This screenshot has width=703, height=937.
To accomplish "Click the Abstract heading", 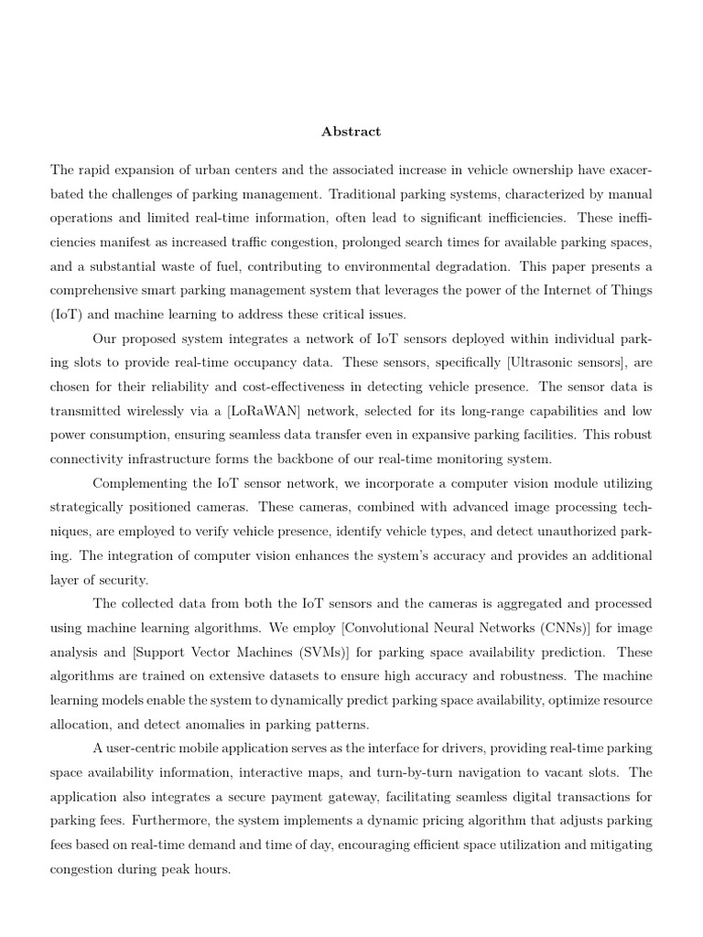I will click(351, 132).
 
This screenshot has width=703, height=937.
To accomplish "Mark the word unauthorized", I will click(568, 532).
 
